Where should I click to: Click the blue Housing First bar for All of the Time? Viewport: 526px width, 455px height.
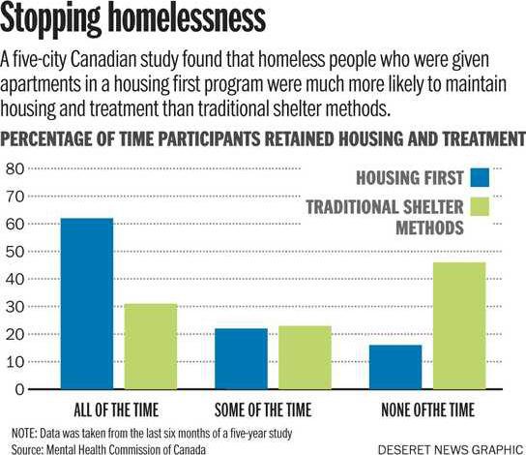87,304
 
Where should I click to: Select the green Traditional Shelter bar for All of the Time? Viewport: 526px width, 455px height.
151,347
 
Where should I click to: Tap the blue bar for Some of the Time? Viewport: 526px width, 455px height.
241,358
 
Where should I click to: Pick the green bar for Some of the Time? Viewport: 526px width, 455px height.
305,357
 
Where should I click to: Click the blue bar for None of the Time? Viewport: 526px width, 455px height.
395,367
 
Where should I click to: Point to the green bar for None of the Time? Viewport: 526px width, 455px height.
459,325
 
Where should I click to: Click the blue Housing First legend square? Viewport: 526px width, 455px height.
480,177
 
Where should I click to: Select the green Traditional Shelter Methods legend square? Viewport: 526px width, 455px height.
480,206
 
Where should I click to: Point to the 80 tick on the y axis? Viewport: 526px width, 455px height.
15,168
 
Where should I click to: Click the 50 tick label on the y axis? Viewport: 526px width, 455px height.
15,252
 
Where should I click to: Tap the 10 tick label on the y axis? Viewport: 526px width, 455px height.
15,362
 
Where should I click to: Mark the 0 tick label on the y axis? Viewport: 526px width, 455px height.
19,389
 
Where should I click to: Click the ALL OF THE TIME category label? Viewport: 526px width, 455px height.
116,410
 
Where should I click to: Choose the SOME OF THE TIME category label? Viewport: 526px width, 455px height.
263,410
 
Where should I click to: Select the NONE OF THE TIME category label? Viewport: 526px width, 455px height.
428,410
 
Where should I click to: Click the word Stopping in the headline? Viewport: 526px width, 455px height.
50,18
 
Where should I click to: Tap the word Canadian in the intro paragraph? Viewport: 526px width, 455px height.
103,59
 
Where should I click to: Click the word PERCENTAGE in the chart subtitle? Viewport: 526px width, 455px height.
46,138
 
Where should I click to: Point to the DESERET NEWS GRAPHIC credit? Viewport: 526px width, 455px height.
451,449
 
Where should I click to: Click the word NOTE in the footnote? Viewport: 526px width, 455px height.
23,433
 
